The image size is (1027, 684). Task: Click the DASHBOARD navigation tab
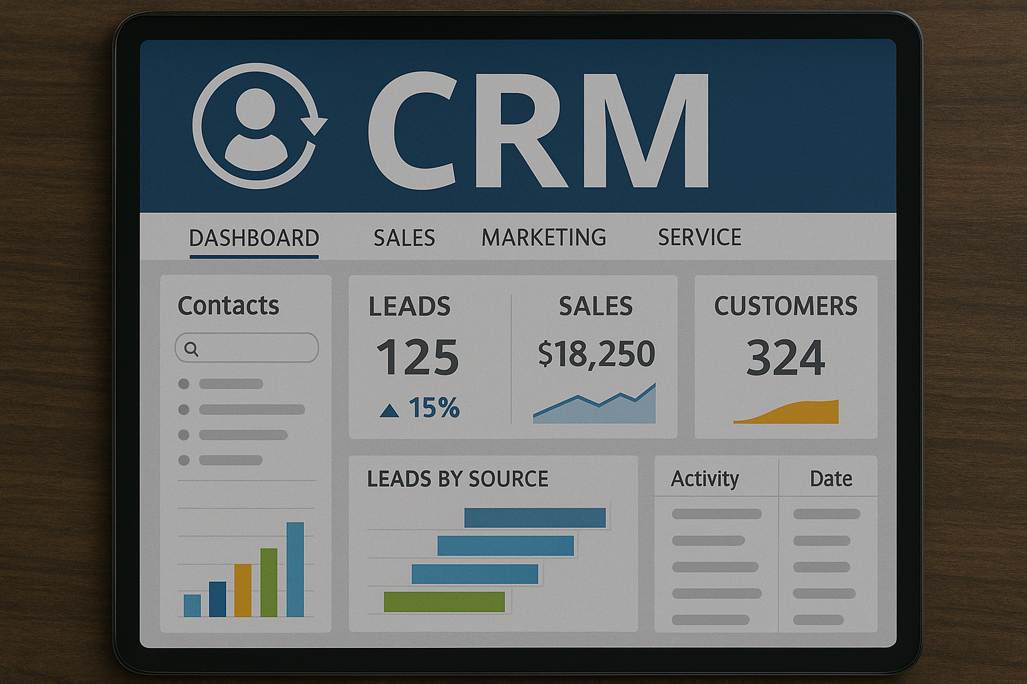point(254,238)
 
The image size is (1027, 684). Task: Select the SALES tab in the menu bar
point(404,238)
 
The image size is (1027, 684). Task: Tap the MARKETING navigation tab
point(544,238)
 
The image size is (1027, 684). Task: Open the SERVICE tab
point(699,238)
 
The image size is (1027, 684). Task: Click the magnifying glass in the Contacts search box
point(191,349)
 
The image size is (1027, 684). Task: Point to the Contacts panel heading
point(228,306)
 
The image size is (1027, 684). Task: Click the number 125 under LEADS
point(417,357)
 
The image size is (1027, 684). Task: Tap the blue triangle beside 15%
point(389,410)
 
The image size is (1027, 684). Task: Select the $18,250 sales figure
point(596,353)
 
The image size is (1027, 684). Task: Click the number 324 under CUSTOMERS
point(786,357)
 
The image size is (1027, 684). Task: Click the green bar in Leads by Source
point(444,602)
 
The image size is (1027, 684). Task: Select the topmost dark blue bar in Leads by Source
point(535,518)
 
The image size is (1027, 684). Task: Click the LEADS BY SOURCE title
point(457,479)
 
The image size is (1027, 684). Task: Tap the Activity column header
point(705,479)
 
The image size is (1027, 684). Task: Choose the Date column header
point(830,479)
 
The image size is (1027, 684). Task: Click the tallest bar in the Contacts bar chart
point(295,569)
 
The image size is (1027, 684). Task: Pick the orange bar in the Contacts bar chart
point(243,590)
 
